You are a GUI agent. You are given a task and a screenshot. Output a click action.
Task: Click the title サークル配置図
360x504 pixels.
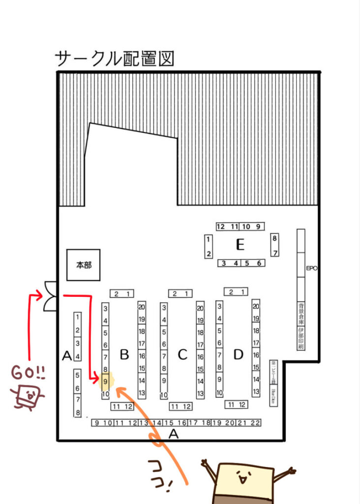pyautogui.click(x=115, y=59)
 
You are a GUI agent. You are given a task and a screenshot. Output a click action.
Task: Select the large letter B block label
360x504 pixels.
pyautogui.click(x=124, y=354)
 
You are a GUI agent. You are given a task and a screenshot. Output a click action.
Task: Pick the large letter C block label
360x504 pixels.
pyautogui.click(x=182, y=354)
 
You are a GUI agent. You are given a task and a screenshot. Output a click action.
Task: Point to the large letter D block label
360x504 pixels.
pyautogui.click(x=239, y=354)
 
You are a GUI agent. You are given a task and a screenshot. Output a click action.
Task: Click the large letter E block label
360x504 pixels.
pyautogui.click(x=240, y=244)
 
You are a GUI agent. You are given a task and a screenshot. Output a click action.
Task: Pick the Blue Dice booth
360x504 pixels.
pyautogui.click(x=273, y=395)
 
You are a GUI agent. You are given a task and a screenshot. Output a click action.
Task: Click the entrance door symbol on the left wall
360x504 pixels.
pyautogui.click(x=51, y=296)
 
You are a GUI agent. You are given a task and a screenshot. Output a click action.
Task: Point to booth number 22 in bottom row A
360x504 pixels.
pyautogui.click(x=255, y=422)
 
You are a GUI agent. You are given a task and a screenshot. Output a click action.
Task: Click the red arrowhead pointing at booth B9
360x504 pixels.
pyautogui.click(x=96, y=378)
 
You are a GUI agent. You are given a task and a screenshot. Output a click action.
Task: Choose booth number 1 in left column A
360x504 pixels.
pyautogui.click(x=77, y=317)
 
